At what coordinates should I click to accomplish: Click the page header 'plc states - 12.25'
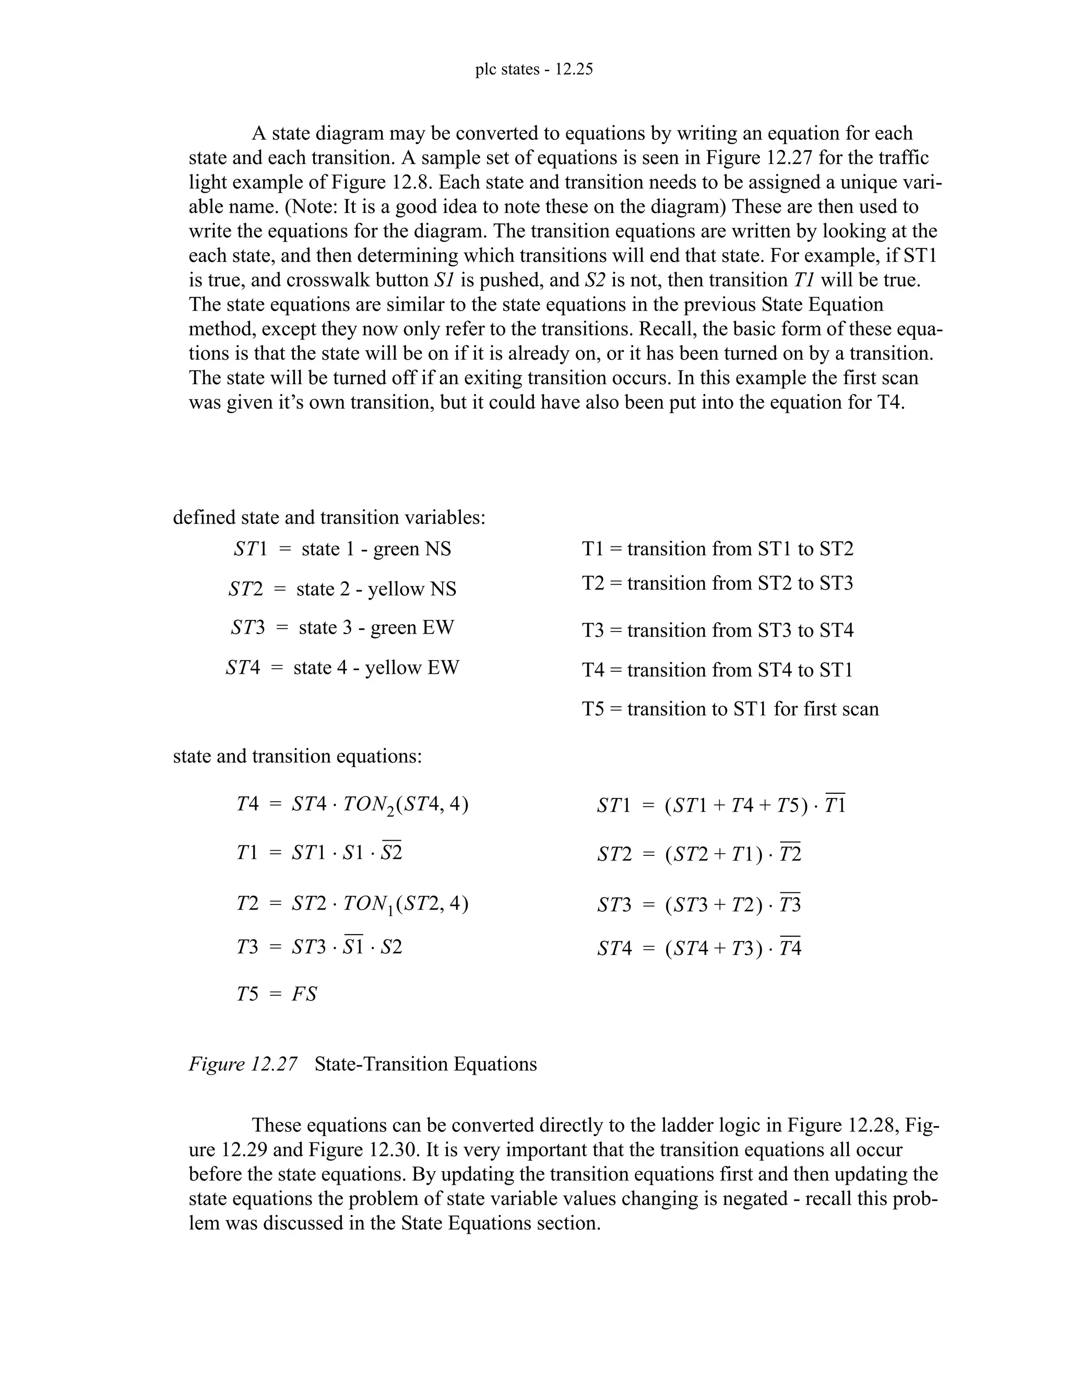534,69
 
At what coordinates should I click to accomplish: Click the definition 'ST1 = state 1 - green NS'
342,549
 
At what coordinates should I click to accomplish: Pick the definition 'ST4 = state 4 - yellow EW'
342,667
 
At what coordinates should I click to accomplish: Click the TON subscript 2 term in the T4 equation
369,805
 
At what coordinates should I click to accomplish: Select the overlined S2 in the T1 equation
391,852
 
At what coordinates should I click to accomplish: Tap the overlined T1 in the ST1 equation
835,805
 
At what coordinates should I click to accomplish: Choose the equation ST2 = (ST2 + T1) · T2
698,854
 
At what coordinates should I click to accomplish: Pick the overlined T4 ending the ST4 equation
790,948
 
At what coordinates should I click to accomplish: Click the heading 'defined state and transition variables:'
329,517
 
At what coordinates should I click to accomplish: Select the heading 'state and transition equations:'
297,756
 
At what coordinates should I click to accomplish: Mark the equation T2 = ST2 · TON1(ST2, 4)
352,903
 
